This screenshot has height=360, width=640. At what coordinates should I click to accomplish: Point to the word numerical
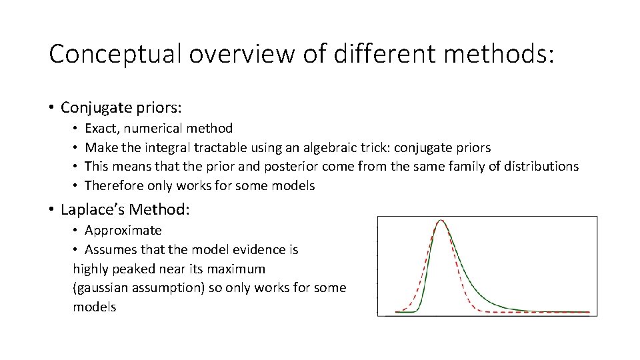pos(153,128)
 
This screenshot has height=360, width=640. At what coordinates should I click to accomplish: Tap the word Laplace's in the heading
pos(93,210)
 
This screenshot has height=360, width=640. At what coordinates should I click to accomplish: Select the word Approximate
pos(123,230)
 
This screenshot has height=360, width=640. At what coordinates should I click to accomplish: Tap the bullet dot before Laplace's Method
pos(51,210)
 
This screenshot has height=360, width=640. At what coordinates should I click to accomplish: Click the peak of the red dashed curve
pos(440,221)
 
